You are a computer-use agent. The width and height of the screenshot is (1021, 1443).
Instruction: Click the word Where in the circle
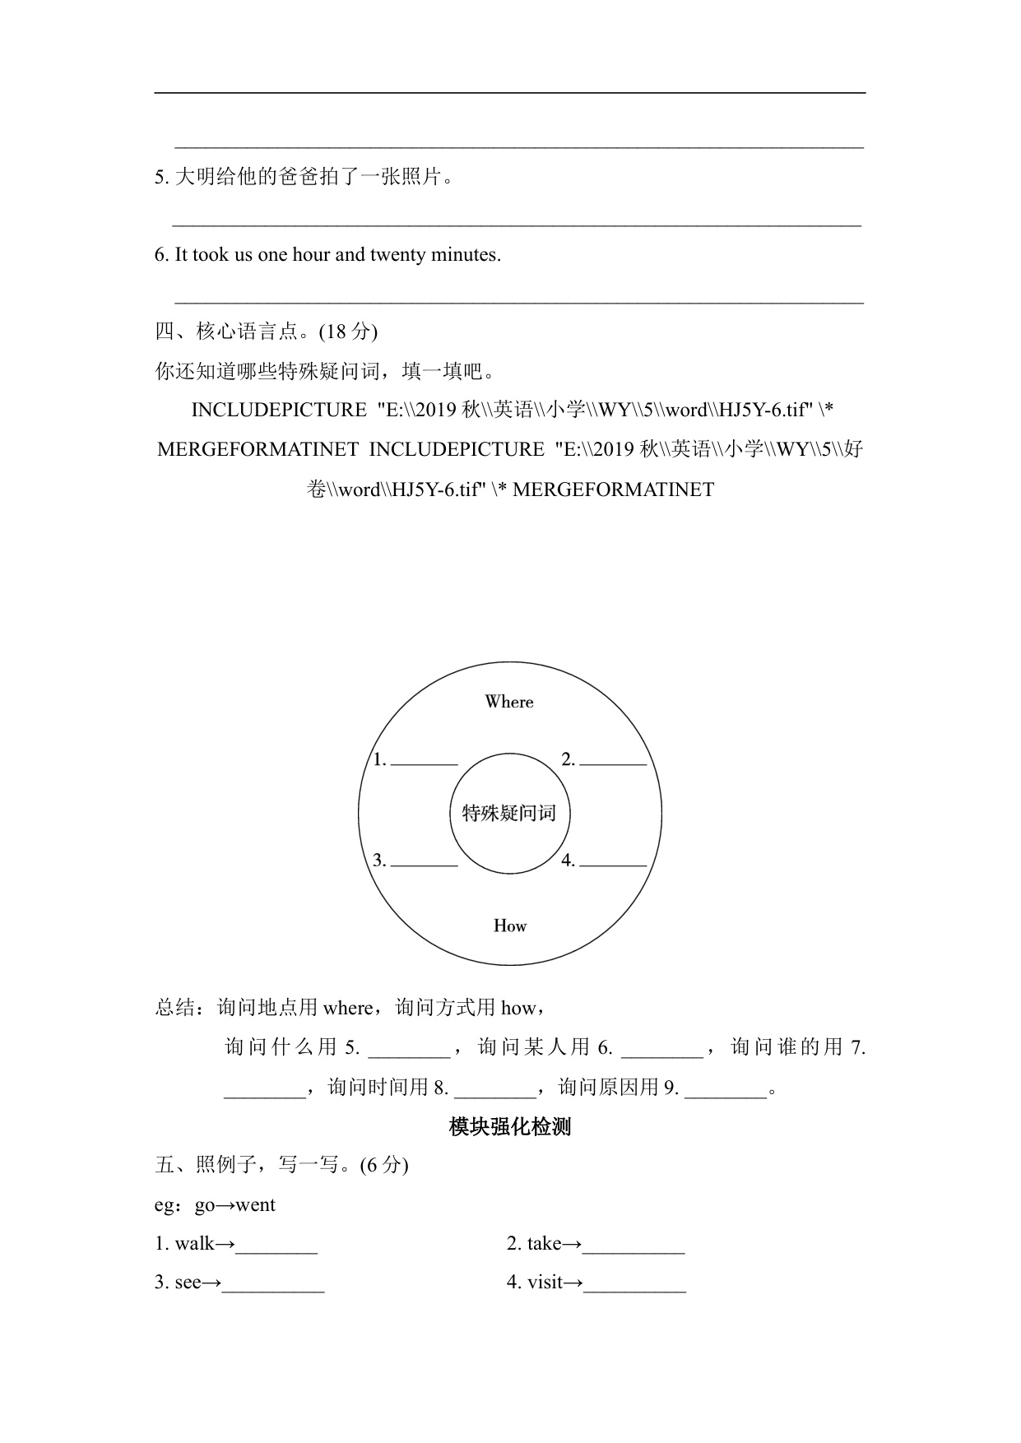(509, 702)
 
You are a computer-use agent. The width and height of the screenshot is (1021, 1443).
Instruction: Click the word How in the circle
(509, 926)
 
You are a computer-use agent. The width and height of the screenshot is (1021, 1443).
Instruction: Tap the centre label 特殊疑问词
(509, 813)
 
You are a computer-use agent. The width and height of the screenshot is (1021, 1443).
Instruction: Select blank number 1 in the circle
(424, 760)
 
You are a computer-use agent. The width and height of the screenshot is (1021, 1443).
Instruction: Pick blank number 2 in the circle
(613, 760)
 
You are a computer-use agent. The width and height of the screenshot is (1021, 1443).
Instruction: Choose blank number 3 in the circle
(424, 861)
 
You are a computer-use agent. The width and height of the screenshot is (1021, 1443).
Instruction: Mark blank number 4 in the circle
(613, 861)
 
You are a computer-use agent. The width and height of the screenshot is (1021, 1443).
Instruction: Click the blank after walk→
(276, 1245)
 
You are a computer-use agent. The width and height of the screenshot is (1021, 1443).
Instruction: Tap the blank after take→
(633, 1245)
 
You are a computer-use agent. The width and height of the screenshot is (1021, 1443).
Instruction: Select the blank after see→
(273, 1283)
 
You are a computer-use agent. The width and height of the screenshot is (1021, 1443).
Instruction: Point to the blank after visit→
(634, 1283)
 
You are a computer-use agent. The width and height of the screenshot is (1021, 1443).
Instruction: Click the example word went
(255, 1205)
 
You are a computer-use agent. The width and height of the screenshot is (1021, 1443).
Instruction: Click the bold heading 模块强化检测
(510, 1126)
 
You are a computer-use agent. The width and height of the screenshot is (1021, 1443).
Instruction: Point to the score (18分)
(348, 332)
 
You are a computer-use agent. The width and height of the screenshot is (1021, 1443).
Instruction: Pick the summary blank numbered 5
(409, 1048)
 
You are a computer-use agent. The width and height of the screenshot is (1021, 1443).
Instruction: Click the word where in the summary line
(348, 1008)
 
